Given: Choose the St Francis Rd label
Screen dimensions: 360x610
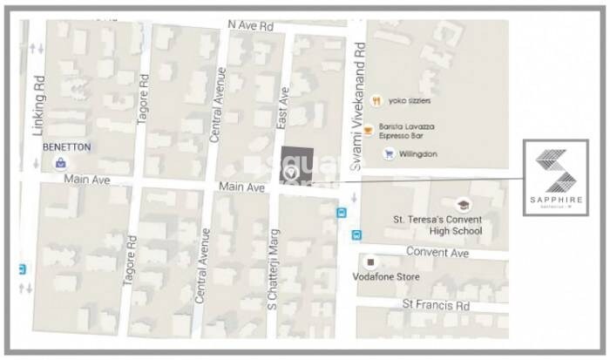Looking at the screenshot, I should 435,305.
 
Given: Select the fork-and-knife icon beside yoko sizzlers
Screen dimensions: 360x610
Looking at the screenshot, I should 376,101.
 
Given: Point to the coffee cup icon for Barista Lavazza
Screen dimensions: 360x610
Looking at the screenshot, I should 369,131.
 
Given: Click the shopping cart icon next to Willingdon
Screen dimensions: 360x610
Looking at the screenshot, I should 388,154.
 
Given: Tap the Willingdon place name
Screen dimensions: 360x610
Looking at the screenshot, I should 418,154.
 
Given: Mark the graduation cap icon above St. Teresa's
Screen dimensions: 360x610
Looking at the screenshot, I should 463,204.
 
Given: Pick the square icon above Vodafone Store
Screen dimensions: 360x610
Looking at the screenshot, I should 370,261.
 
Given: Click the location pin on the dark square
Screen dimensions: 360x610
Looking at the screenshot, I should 292,173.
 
